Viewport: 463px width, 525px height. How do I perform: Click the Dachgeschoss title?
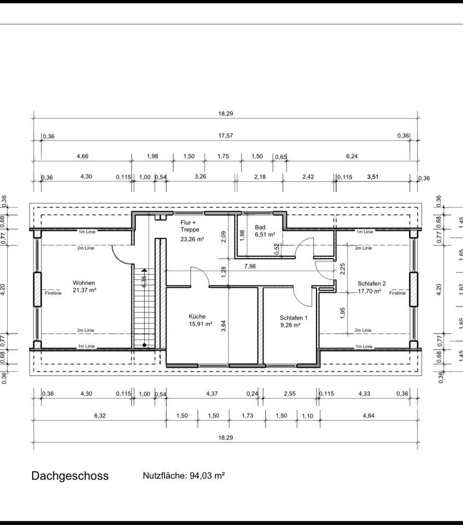(x=70, y=476)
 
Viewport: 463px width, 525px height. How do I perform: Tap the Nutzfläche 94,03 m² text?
(x=183, y=476)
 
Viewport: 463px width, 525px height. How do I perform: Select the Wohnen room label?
(x=84, y=283)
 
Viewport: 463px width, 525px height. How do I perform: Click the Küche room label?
(x=197, y=316)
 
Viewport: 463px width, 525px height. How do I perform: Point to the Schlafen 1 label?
(x=294, y=318)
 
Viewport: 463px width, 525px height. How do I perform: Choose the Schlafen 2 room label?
(x=372, y=284)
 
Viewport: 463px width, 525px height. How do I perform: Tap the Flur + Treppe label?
(x=190, y=226)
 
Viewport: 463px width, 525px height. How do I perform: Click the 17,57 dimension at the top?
(x=225, y=136)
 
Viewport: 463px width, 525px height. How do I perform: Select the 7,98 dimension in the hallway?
(x=250, y=266)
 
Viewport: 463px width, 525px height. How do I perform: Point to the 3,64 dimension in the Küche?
(x=224, y=326)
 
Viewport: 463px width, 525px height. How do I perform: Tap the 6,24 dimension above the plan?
(x=351, y=156)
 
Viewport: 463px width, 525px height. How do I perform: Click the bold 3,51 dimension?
(x=373, y=177)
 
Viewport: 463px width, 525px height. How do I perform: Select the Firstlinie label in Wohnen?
(x=54, y=293)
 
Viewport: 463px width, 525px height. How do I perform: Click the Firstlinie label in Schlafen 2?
(x=397, y=293)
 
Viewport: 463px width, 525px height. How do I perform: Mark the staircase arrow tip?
(x=144, y=269)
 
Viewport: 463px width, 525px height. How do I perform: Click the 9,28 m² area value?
(x=290, y=325)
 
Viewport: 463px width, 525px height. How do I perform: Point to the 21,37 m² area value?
(x=84, y=290)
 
